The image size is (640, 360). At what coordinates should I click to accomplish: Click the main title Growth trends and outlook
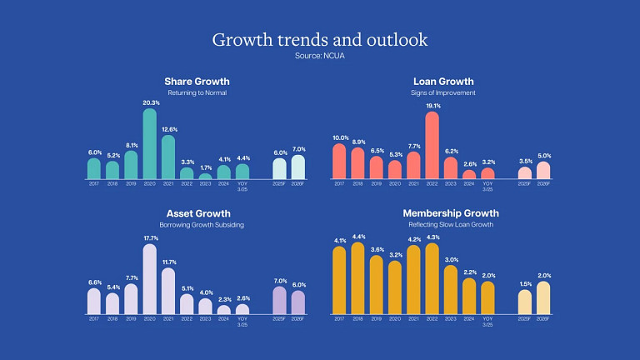click(x=320, y=39)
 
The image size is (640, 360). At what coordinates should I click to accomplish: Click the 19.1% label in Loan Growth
click(x=432, y=106)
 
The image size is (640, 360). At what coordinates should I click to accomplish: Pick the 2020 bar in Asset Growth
click(x=150, y=279)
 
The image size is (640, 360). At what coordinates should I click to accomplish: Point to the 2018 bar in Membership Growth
click(x=357, y=278)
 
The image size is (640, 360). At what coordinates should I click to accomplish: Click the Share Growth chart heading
click(x=197, y=82)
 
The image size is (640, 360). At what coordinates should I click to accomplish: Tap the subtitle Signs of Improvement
click(x=443, y=92)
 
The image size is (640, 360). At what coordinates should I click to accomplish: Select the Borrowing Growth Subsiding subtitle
click(x=197, y=226)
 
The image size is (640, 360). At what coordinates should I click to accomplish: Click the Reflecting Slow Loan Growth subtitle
click(x=443, y=226)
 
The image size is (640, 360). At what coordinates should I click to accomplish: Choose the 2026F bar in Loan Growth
click(x=543, y=171)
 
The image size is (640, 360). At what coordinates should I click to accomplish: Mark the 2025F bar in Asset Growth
click(x=279, y=300)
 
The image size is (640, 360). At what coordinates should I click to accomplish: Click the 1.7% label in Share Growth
click(x=205, y=168)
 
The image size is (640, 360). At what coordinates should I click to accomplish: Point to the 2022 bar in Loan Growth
click(x=432, y=146)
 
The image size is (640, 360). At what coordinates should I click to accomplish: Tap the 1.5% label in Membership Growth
click(x=524, y=284)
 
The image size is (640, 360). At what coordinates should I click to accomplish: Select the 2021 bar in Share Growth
click(x=167, y=157)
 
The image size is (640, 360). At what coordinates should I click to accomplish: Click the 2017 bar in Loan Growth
click(x=339, y=162)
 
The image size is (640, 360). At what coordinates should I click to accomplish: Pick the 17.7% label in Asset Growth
click(x=150, y=238)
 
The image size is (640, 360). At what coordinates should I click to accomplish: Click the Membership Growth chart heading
click(x=443, y=214)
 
